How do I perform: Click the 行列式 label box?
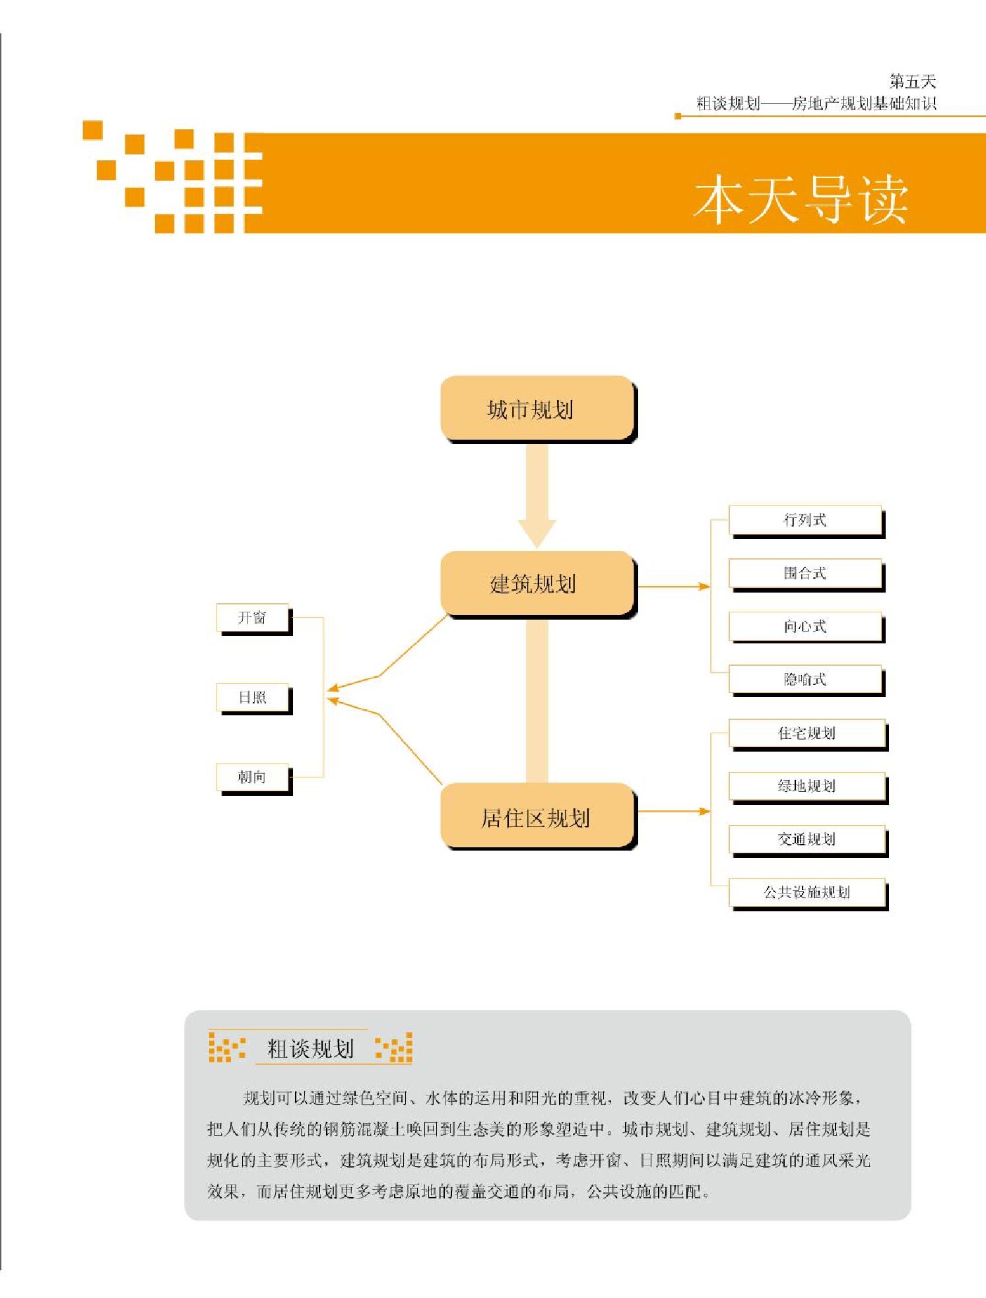coord(805,520)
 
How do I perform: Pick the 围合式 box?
coord(805,573)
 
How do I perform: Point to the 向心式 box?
coord(805,626)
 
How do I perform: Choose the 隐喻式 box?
coord(805,679)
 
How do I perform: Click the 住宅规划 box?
coord(806,733)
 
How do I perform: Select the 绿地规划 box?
coord(806,786)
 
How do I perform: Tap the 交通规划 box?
coord(806,839)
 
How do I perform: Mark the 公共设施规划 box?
coord(806,892)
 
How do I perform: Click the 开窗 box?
coord(252,618)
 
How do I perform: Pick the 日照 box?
coord(252,698)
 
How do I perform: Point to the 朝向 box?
coord(252,777)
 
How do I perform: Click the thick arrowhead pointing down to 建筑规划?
coord(537,532)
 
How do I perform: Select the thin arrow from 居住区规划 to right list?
coord(673,811)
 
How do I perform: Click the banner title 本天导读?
coord(801,199)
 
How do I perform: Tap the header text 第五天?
coord(912,82)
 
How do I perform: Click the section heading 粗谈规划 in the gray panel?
coord(310,1049)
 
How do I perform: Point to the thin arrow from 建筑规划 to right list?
coord(673,586)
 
